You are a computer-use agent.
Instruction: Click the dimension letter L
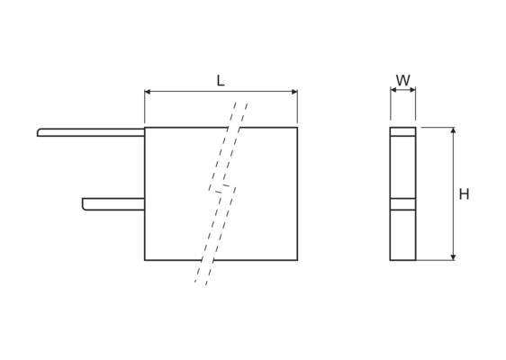[221, 81]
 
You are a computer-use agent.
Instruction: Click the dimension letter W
[403, 80]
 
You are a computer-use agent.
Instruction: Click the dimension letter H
[464, 194]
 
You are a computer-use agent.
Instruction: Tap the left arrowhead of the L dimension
[148, 92]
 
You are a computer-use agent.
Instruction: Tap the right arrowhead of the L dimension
[294, 92]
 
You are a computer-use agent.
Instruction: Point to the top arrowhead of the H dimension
[453, 130]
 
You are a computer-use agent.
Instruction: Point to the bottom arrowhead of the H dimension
[453, 257]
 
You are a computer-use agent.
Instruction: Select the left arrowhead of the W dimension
[393, 90]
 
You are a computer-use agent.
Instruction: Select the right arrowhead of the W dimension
[412, 90]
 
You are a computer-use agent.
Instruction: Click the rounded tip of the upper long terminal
[38, 132]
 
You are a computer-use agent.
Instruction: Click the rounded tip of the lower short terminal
[83, 204]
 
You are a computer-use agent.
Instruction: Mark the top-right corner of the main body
[297, 128]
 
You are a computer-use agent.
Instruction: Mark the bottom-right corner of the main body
[297, 260]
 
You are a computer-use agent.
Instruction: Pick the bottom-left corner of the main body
[145, 260]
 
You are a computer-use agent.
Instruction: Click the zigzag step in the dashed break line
[222, 189]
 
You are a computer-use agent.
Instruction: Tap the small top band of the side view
[402, 131]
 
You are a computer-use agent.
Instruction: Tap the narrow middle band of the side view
[402, 204]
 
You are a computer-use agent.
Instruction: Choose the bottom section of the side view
[402, 235]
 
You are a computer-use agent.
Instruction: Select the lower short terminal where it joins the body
[144, 204]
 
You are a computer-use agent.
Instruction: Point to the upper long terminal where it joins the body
[144, 132]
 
